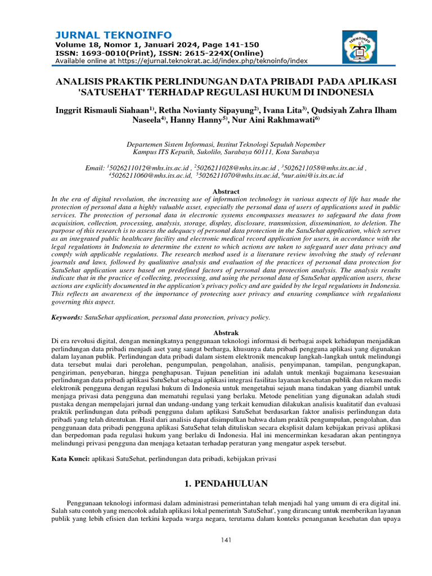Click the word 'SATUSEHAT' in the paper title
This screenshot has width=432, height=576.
[x=115, y=92]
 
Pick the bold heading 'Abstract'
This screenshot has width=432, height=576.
[x=226, y=191]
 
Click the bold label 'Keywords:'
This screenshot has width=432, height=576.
[x=67, y=317]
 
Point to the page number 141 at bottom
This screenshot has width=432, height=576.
[x=226, y=541]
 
